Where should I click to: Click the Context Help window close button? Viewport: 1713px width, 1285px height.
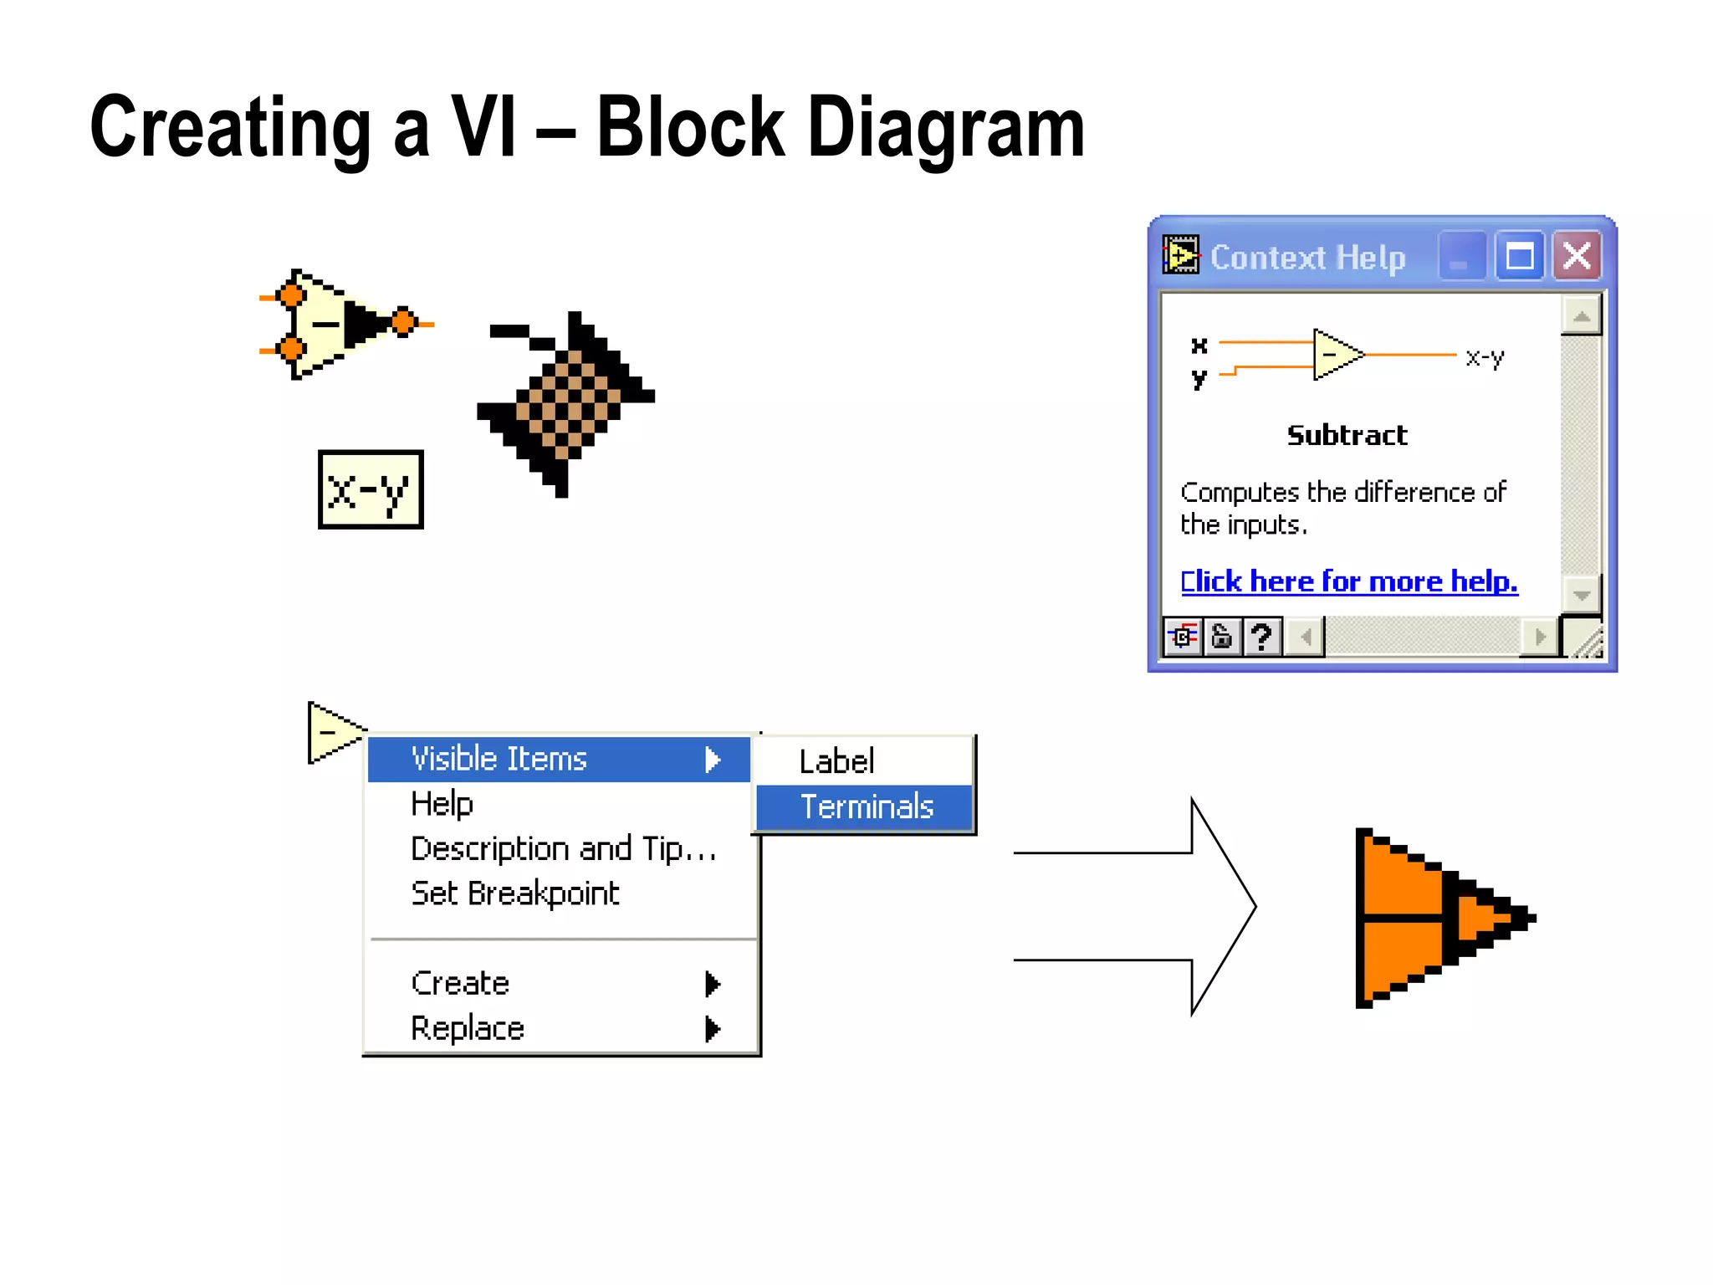1577,255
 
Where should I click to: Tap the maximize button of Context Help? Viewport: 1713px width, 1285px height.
1519,255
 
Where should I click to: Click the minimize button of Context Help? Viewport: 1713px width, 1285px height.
1460,255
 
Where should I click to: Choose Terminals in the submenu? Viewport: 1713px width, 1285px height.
865,806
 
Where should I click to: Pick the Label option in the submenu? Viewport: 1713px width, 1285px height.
836,761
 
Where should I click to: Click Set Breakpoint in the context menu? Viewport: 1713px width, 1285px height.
514,893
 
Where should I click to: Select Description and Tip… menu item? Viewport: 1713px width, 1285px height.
563,848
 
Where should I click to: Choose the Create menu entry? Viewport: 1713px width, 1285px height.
460,983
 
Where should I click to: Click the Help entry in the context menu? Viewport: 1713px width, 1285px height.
442,804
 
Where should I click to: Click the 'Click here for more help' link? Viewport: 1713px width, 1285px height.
1348,581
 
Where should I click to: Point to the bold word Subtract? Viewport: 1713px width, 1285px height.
1347,435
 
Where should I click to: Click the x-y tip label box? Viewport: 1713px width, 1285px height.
371,489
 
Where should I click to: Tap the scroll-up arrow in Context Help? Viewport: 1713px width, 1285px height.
1581,316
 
